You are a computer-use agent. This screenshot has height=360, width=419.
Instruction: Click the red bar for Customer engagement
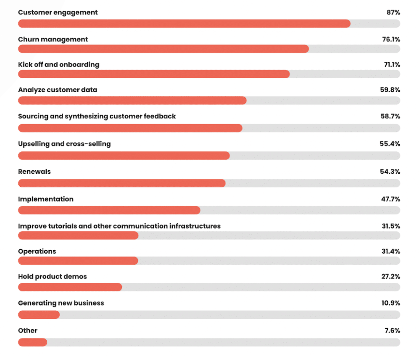tap(184, 24)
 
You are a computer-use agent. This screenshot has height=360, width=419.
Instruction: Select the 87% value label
tap(393, 13)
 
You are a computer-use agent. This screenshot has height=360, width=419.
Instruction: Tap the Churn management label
tap(53, 40)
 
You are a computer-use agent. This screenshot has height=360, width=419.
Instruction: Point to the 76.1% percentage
tap(390, 40)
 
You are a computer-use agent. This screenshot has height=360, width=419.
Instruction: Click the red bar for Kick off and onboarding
tap(154, 74)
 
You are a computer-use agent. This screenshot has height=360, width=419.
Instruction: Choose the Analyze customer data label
tap(58, 90)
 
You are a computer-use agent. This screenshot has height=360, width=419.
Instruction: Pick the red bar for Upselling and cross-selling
tap(124, 156)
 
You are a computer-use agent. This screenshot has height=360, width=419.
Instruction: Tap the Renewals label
tap(34, 172)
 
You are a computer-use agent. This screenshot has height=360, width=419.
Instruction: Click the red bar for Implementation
tap(109, 210)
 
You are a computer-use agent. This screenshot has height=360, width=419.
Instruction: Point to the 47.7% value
tap(390, 199)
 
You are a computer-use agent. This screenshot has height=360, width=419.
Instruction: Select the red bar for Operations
tap(78, 261)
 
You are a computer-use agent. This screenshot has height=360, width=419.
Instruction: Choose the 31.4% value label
tap(390, 251)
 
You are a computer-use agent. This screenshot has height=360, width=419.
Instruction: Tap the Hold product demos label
tap(53, 277)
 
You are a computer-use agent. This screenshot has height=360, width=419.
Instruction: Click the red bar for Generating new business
tap(39, 315)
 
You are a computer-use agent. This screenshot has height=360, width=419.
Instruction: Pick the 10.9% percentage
tap(390, 303)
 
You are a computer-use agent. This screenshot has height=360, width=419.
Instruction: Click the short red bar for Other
tap(33, 342)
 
